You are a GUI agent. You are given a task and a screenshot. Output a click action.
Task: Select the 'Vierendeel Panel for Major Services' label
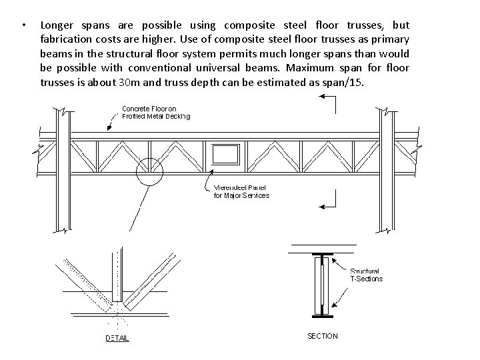(241, 191)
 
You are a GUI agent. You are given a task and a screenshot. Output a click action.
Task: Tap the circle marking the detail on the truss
(149, 173)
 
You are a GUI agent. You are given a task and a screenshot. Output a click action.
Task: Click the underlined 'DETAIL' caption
(117, 339)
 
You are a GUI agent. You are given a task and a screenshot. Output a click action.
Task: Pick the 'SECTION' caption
(323, 336)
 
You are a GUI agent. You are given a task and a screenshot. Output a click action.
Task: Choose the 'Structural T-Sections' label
(365, 275)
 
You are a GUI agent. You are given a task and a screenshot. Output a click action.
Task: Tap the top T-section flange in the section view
(323, 255)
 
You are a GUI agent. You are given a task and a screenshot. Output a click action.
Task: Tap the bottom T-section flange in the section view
(323, 313)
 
